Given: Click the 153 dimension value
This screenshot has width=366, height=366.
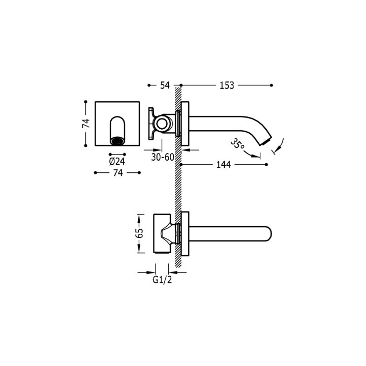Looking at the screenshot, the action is (227, 85).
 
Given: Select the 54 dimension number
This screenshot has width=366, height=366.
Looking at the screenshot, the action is (165, 85).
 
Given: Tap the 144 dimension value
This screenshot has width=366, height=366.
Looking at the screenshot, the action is (223, 165).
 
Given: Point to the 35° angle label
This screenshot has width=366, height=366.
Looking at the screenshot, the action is (237, 144).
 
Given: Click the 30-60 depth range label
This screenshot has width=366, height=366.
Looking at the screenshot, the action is (163, 157).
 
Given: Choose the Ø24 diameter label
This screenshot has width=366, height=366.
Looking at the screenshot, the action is (117, 161).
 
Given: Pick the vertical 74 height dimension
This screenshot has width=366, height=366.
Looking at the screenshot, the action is (86, 123).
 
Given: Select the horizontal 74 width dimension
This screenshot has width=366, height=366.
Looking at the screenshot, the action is (118, 173).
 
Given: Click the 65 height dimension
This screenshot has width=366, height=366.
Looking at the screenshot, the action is (140, 233).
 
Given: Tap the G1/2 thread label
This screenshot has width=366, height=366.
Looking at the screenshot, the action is (162, 280).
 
